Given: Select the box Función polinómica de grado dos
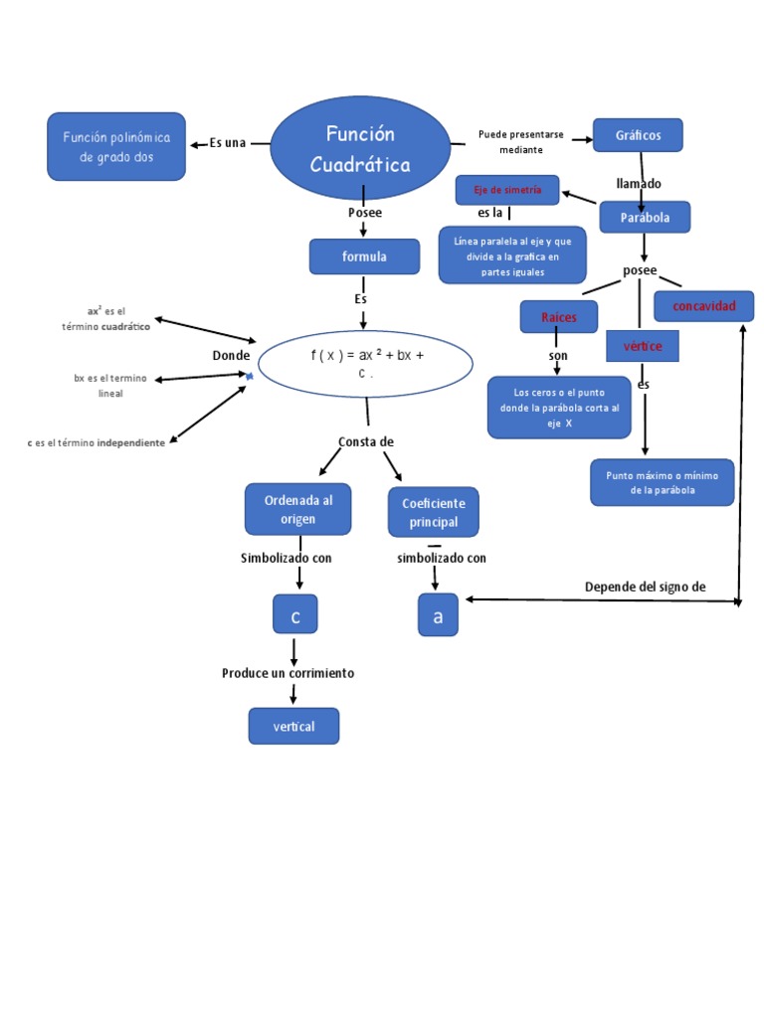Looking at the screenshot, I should pos(116,147).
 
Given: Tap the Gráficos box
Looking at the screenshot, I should pos(638,135).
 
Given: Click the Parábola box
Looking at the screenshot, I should pos(644,218).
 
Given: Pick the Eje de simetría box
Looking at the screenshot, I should pos(507,189).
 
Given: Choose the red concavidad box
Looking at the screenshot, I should pos(703,306).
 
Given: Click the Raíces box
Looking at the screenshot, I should pos(559,317).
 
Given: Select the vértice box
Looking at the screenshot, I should pos(643,345).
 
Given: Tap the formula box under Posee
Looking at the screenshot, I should pos(363,256).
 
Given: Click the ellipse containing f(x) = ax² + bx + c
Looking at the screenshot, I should pos(365,364).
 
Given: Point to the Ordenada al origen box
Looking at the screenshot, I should pos(290,509).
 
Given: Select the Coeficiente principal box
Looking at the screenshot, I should pos(433,512).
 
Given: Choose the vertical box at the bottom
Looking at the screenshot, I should pos(293,727).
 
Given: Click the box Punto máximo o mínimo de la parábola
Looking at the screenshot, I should pos(662,482).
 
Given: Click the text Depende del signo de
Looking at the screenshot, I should pos(645,587).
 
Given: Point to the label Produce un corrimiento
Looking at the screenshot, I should pos(287,673).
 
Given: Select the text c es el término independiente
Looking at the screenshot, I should pos(96,442).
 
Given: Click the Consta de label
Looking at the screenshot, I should pos(366,441).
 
